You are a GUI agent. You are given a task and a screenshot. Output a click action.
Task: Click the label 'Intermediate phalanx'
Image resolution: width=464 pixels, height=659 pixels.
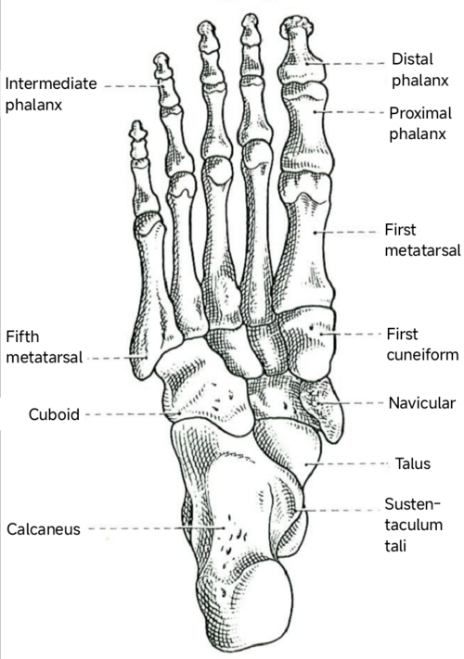pos(51,95)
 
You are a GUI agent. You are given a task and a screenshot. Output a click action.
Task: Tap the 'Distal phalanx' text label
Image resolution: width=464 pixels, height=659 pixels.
pos(419,70)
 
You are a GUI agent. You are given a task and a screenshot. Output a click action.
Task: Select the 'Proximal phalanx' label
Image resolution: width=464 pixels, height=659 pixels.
pos(419,123)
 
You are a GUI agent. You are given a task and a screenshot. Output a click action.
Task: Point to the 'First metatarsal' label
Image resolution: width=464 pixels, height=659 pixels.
pos(422,240)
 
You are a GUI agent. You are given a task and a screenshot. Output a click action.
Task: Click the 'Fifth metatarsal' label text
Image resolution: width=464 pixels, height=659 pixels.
pos(45,348)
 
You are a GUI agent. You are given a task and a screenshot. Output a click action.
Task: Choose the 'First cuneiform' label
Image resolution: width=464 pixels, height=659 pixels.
pos(422,344)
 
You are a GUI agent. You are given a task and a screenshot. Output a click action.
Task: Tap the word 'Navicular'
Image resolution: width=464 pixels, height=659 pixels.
pos(422,403)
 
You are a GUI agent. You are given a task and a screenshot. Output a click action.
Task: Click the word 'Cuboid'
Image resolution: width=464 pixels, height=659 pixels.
pos(54,414)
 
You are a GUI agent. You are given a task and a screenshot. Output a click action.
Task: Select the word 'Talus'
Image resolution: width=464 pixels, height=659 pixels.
pos(413,463)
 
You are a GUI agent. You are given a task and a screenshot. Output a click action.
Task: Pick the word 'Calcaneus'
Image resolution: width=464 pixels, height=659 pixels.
pos(44,529)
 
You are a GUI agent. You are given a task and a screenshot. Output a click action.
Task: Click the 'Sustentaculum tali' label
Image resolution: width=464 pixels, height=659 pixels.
pos(414,525)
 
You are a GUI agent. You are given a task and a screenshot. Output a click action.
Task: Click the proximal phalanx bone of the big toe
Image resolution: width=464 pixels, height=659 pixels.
pos(306,126)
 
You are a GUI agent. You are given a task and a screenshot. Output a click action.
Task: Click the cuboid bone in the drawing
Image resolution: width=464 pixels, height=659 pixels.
pos(202,391)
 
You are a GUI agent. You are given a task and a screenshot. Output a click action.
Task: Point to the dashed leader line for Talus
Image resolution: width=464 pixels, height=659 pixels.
pos(347,464)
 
